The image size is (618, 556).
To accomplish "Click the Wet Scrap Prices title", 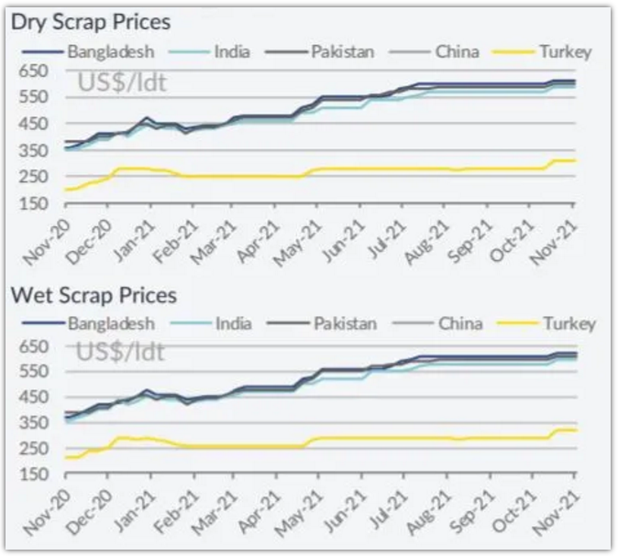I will tap(94, 295).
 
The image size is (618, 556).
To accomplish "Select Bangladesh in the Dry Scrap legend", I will tap(110, 51).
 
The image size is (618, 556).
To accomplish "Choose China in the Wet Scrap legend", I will tap(460, 323).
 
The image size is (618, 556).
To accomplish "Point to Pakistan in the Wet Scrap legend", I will tap(344, 323).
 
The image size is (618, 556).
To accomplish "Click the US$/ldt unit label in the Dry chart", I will tap(121, 83).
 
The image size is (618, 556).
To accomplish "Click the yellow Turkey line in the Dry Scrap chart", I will tap(367, 169).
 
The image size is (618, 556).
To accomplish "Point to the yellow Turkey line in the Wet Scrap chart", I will tap(367, 438).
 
